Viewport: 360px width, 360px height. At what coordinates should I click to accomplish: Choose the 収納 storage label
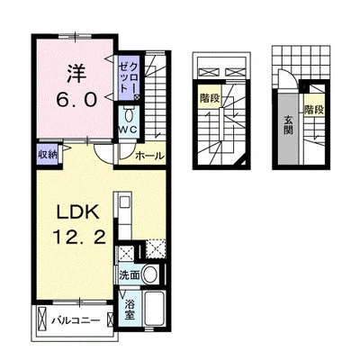pos(47,155)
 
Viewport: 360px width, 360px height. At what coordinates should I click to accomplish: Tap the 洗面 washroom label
pos(128,273)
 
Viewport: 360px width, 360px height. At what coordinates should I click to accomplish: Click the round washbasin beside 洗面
pos(151,273)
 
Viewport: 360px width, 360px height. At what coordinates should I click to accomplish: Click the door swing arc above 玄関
pos(288,84)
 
